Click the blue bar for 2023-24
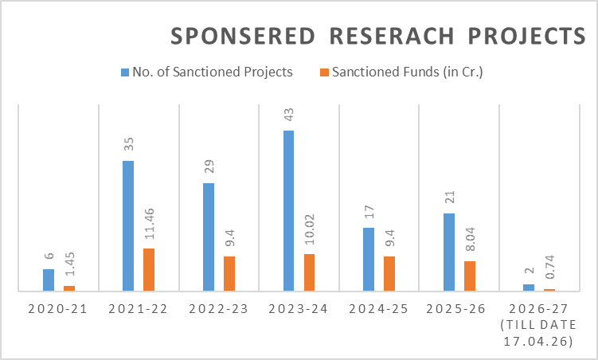click(x=288, y=211)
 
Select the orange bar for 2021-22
click(x=149, y=270)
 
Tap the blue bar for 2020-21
click(x=49, y=280)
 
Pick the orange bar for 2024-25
click(x=389, y=274)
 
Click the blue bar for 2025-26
click(x=449, y=252)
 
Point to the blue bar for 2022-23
click(x=209, y=237)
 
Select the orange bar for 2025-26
click(x=470, y=276)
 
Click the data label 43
click(x=288, y=115)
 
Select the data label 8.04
click(x=470, y=243)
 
